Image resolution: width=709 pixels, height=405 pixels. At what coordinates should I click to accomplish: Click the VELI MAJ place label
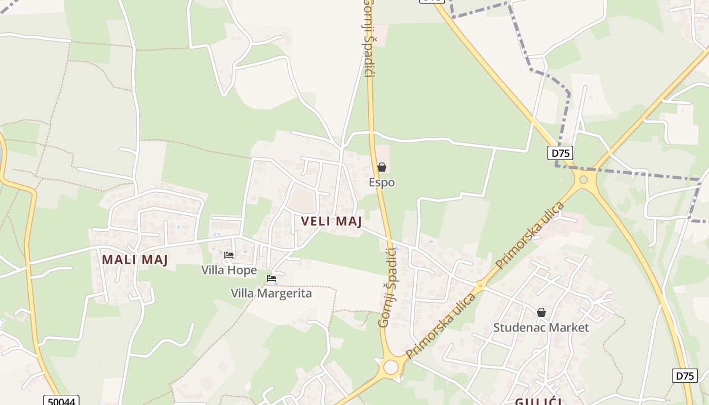(331, 222)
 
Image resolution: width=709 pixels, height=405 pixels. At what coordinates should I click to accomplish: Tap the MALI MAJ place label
(135, 260)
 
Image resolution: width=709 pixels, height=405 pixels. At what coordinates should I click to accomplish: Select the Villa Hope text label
(229, 270)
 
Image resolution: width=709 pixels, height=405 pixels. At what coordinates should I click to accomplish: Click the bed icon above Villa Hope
(229, 255)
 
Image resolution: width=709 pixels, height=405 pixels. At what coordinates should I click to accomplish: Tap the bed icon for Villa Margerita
(271, 278)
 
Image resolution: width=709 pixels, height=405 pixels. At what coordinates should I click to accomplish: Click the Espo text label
(382, 182)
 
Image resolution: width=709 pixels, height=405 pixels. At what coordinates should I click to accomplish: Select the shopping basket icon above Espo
(382, 167)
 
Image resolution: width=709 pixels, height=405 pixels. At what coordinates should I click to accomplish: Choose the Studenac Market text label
(541, 328)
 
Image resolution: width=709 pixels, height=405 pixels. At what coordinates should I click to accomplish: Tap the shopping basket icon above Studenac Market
(541, 312)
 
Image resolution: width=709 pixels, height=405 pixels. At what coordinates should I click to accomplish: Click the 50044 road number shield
(61, 401)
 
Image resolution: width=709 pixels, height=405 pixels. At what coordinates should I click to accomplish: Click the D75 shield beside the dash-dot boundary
(560, 153)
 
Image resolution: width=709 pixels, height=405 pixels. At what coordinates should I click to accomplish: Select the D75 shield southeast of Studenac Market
(684, 376)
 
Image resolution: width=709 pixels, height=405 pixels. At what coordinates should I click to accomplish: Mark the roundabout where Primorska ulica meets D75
(583, 179)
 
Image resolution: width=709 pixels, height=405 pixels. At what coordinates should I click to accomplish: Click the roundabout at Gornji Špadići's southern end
(390, 367)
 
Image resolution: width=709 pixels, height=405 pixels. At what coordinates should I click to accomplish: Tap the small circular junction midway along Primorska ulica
(480, 286)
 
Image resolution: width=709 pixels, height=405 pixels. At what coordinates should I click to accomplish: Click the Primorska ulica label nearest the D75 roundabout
(530, 235)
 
